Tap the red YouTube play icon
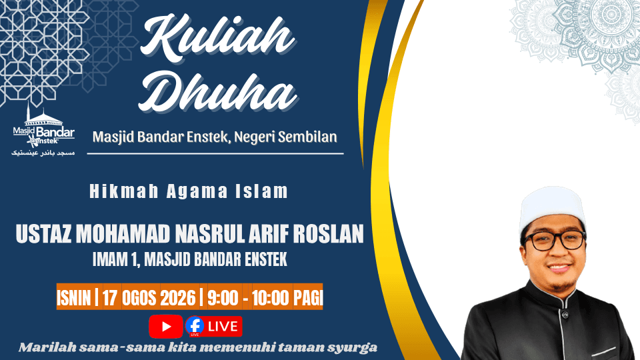(166, 327)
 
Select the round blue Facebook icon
(195, 326)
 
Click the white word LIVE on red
(223, 327)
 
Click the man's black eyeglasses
(555, 240)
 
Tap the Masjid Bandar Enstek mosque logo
(43, 126)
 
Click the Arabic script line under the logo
(43, 153)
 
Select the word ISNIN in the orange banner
(73, 298)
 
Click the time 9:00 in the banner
(223, 298)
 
